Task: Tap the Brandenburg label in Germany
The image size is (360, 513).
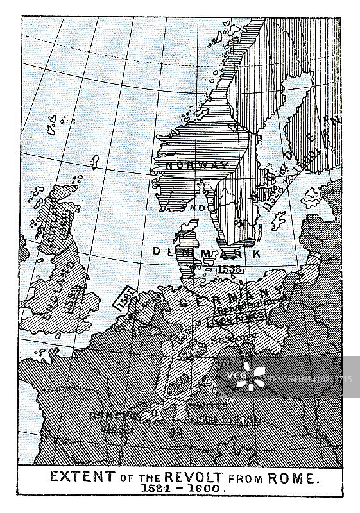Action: pyautogui.click(x=262, y=305)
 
